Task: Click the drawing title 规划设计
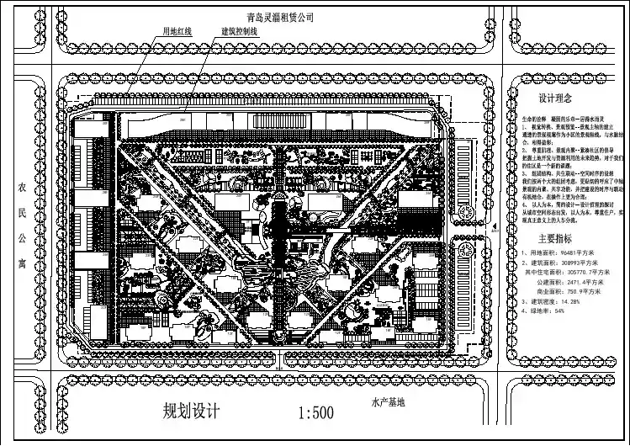click(192, 412)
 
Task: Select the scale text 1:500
click(317, 413)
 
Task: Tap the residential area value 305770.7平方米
click(590, 273)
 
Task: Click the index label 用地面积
click(542, 252)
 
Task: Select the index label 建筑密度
click(542, 302)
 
